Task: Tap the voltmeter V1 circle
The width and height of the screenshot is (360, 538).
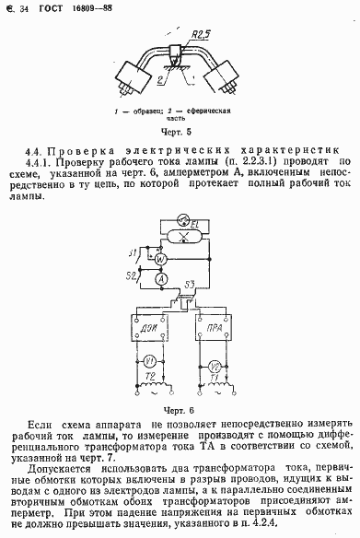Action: [x=150, y=362]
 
